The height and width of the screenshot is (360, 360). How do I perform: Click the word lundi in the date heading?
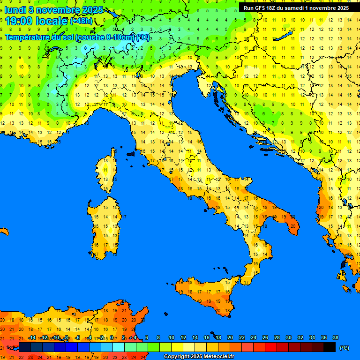(x=15, y=10)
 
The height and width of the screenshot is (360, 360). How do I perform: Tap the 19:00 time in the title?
(x=20, y=21)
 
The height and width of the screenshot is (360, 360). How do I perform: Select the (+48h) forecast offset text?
(x=81, y=21)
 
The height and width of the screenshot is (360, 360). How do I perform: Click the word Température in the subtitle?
(x=28, y=37)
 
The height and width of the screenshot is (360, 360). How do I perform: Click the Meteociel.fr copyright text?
(x=199, y=356)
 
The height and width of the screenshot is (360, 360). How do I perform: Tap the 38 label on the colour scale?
(x=335, y=337)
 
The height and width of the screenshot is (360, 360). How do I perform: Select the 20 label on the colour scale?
(x=230, y=337)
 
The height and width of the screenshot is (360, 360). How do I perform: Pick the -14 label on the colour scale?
(x=32, y=337)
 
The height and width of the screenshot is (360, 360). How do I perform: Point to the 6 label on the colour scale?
(x=147, y=337)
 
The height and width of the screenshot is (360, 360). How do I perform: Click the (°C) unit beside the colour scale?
(x=345, y=348)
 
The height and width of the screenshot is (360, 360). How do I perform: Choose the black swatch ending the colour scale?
(x=330, y=347)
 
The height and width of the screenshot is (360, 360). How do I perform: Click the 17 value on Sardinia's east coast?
(x=124, y=217)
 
